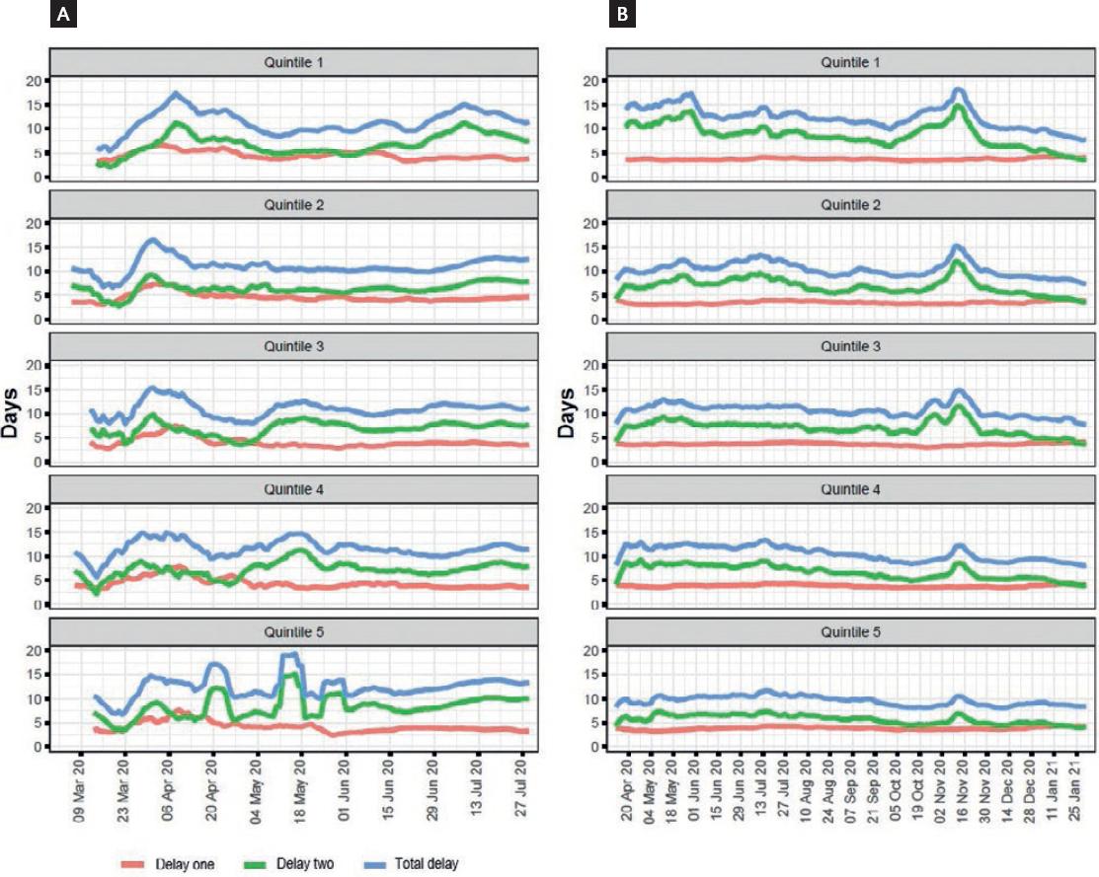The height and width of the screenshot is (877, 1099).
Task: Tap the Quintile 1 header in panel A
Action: [293, 62]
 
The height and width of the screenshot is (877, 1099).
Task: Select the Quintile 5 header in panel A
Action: [293, 631]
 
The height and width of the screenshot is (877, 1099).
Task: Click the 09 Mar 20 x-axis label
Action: [80, 790]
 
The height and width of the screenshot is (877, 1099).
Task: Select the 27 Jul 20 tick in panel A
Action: [521, 790]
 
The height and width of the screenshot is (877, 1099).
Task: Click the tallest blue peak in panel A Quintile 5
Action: [291, 654]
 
